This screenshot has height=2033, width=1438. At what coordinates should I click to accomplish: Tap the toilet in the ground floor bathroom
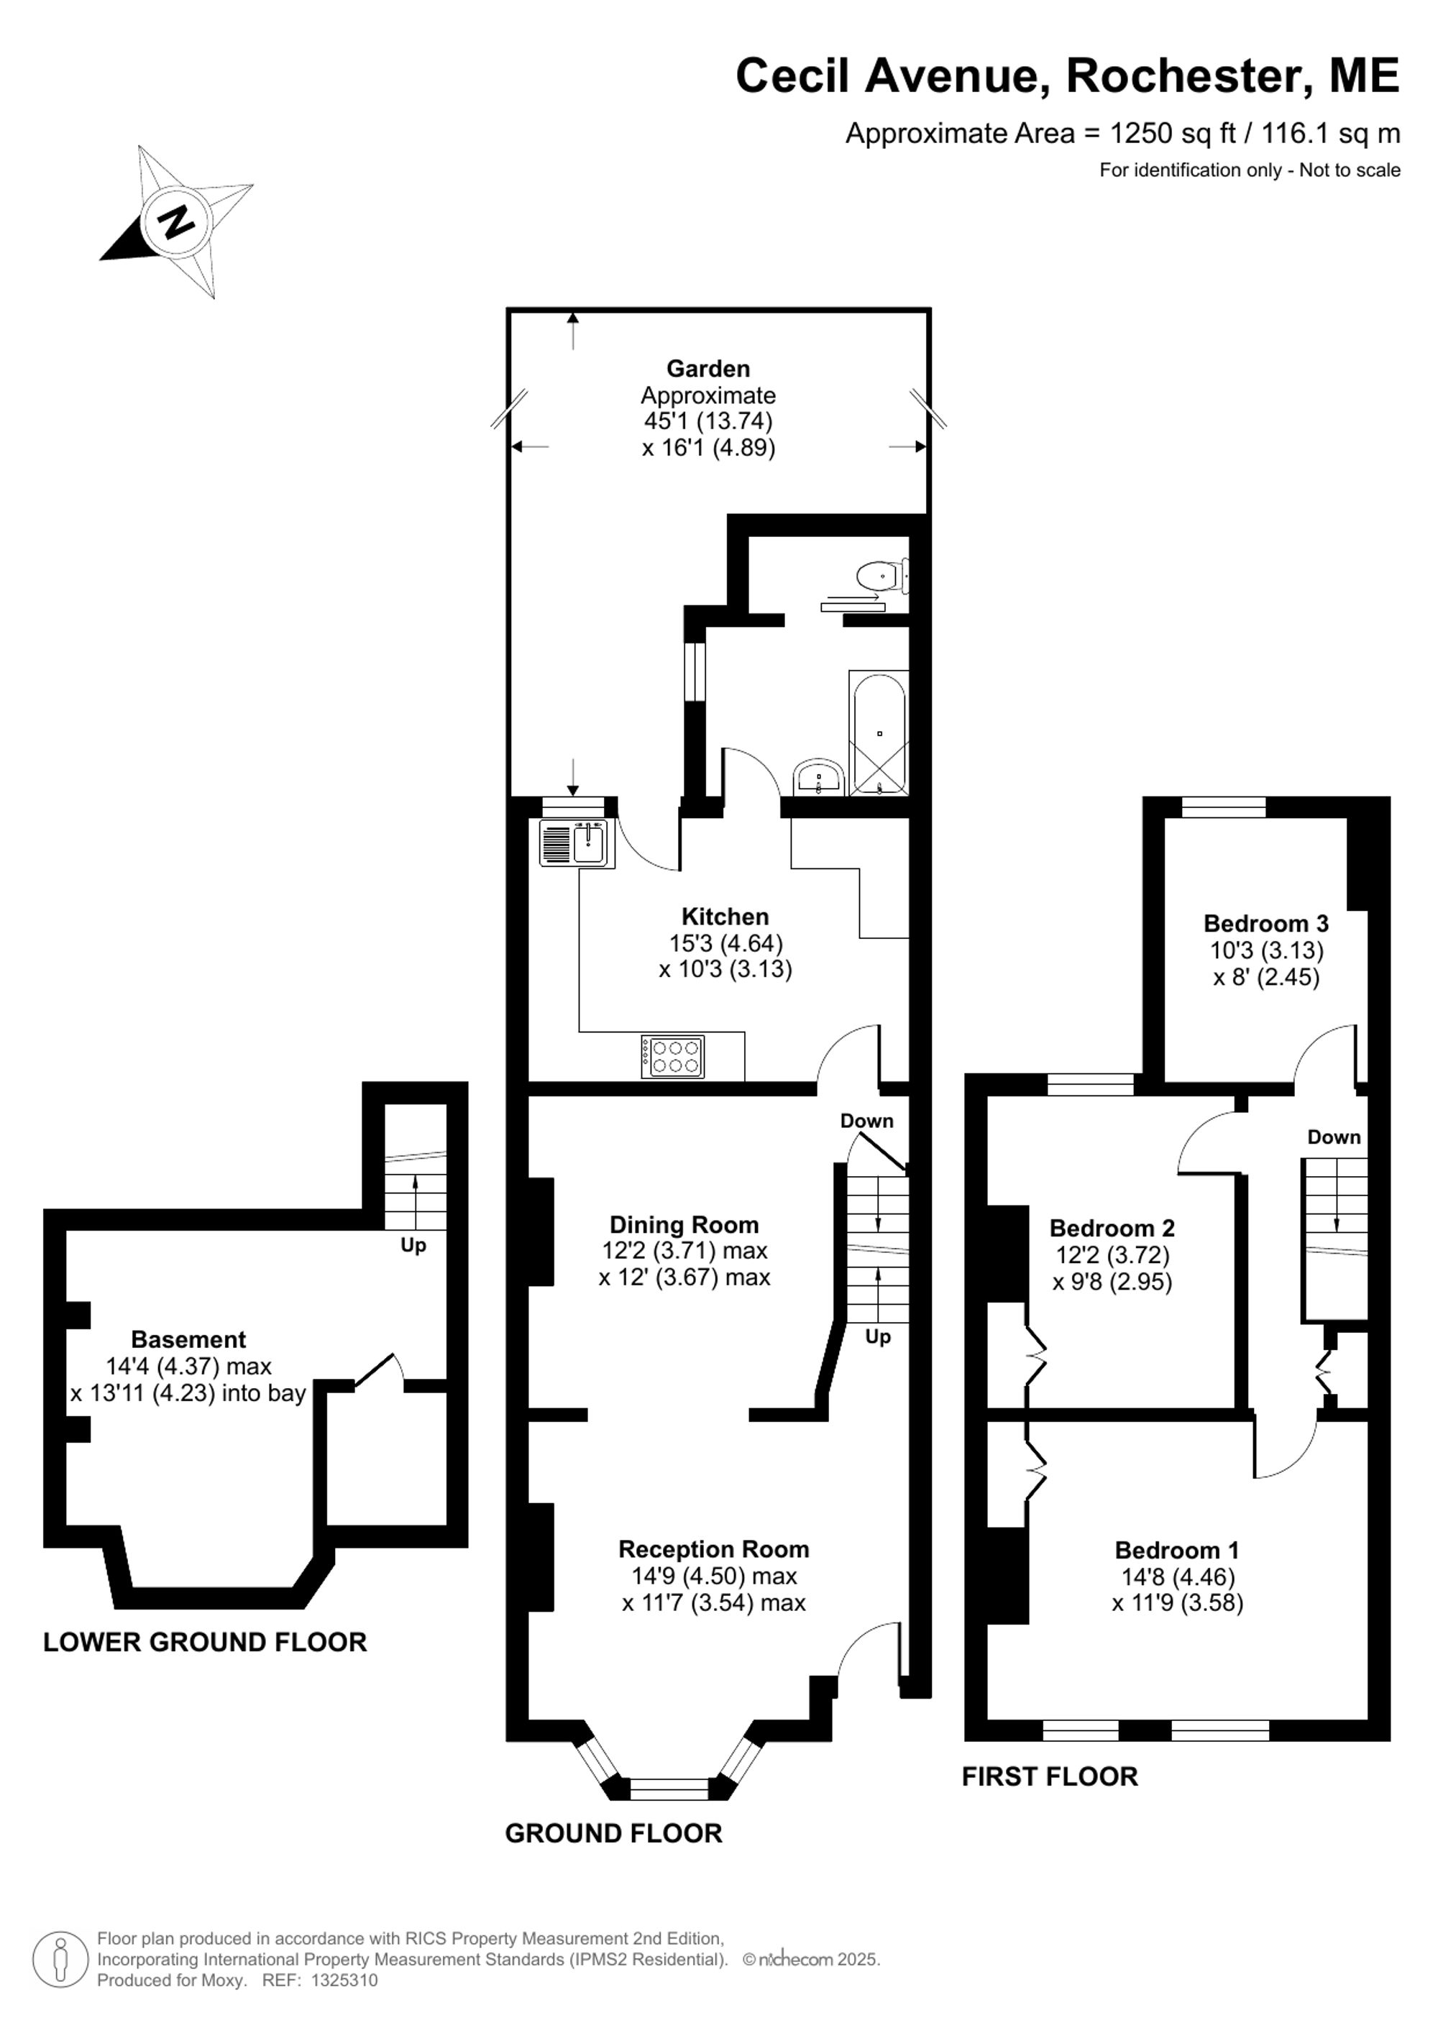tap(883, 577)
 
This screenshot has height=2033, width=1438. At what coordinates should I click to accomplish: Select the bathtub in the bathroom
tap(879, 733)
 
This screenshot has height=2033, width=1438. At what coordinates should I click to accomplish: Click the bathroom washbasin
tap(820, 779)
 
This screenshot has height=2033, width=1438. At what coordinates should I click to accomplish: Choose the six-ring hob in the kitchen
tap(673, 1056)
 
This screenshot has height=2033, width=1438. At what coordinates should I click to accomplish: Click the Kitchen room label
tap(725, 917)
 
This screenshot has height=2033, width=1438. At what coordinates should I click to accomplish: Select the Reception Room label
tap(714, 1548)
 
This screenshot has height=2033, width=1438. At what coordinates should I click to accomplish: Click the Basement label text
tap(188, 1340)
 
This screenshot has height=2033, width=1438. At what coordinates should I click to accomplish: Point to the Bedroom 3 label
tap(1266, 924)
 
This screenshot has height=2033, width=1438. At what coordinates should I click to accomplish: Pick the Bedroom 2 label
tap(1112, 1228)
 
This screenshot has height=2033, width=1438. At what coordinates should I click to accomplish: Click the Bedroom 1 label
tap(1177, 1551)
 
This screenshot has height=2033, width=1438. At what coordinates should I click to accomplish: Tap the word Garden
tap(708, 368)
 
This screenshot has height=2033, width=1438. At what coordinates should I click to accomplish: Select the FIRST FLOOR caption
tap(1050, 1795)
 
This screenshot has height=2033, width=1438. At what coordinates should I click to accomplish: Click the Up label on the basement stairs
tap(413, 1245)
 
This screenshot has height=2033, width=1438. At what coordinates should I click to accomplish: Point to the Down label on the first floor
tap(1334, 1137)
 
